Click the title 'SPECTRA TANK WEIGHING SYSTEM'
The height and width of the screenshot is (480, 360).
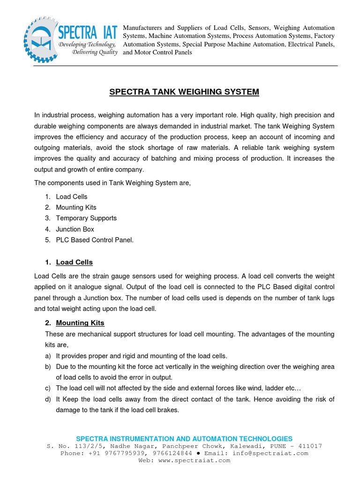click(x=184, y=92)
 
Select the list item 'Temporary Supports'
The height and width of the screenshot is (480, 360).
click(x=86, y=218)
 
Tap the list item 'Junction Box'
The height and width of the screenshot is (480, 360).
click(x=75, y=229)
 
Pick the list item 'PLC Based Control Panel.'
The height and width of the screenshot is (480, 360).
click(x=95, y=240)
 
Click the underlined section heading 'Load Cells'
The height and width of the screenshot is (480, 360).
click(x=74, y=262)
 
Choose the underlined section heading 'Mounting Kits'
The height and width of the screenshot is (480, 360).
click(x=80, y=323)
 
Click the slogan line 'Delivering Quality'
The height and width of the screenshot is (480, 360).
click(x=94, y=52)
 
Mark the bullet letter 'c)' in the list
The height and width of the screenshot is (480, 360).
click(x=48, y=388)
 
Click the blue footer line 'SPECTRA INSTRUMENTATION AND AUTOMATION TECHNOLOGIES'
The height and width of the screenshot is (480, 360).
click(x=184, y=439)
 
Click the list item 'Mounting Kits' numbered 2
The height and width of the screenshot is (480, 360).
click(x=76, y=207)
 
